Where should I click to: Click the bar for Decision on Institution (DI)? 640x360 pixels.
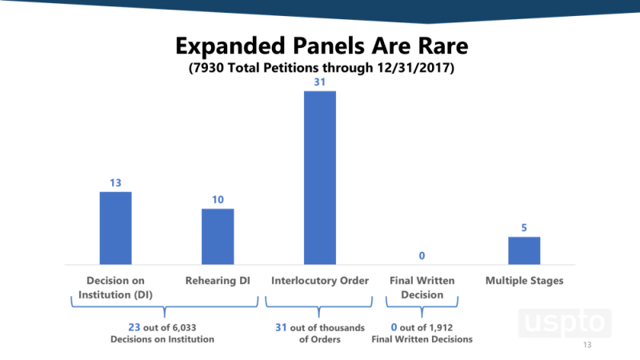point(115,228)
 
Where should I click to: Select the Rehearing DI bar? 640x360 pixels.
point(218,237)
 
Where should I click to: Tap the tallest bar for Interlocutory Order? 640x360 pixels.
point(319,178)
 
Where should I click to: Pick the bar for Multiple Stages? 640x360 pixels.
point(524,250)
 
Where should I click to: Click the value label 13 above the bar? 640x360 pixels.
point(115,183)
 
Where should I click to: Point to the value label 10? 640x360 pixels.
point(218,200)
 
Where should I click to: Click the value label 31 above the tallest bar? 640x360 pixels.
point(319,82)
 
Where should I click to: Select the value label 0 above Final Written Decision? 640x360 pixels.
point(422,256)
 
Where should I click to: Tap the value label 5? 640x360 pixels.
point(524,228)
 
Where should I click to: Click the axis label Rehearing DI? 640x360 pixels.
point(218,281)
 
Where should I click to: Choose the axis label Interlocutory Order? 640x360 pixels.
point(319,281)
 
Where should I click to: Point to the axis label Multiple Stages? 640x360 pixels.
point(524,281)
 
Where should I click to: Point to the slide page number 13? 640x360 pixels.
point(588,346)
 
